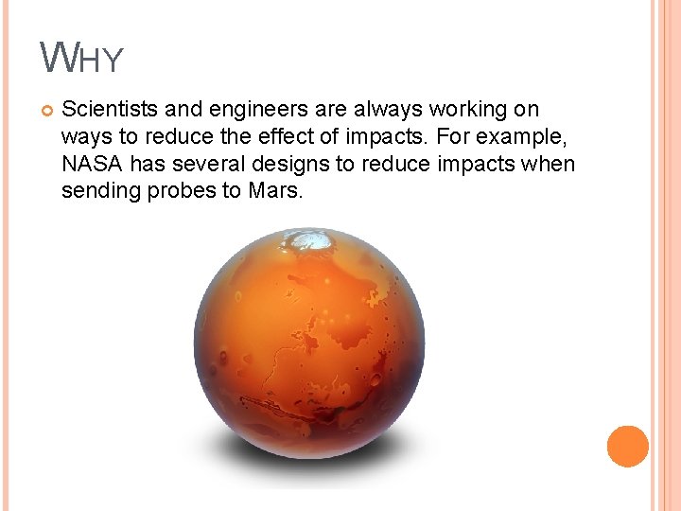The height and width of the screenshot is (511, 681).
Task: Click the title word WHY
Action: tap(82, 59)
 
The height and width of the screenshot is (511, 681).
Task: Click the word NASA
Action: tap(92, 165)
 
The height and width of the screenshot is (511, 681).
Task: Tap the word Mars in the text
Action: tap(274, 192)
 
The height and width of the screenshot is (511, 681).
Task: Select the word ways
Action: tap(84, 137)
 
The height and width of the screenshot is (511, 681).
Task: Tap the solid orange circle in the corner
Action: tap(627, 446)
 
